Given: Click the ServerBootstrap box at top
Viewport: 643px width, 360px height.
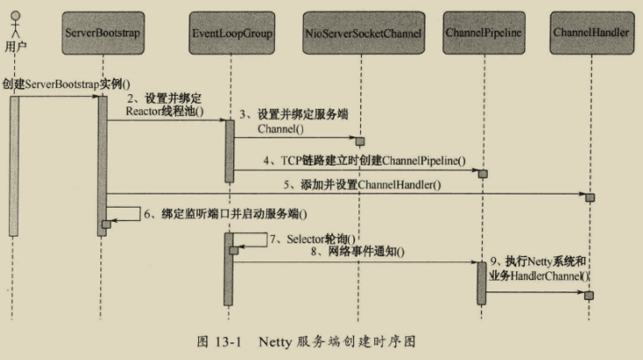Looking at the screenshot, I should pyautogui.click(x=103, y=33).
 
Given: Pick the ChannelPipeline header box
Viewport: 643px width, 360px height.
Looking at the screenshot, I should pyautogui.click(x=484, y=33).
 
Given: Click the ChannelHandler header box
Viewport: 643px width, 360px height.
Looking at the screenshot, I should pyautogui.click(x=591, y=33).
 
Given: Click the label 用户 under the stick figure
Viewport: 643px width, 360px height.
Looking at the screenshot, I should pyautogui.click(x=11, y=46).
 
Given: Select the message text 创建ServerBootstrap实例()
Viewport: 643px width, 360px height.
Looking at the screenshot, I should pyautogui.click(x=60, y=84).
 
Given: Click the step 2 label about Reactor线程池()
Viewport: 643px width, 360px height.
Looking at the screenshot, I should pyautogui.click(x=163, y=105).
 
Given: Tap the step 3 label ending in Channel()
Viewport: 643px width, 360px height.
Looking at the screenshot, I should pyautogui.click(x=299, y=122).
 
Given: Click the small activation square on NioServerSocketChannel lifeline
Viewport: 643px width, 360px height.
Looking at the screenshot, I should pyautogui.click(x=359, y=141).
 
